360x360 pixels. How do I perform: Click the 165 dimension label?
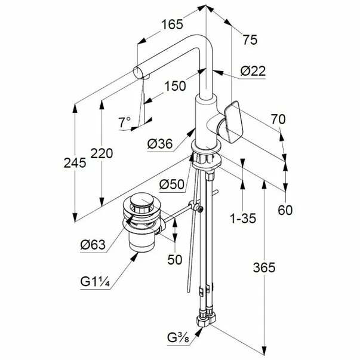click(172, 24)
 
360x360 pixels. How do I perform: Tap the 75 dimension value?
click(250, 40)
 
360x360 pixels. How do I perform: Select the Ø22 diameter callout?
click(253, 71)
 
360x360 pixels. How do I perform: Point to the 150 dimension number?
click(175, 86)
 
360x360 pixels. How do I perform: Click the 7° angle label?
click(125, 122)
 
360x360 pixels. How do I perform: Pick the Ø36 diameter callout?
click(160, 144)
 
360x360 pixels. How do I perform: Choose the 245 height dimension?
click(75, 163)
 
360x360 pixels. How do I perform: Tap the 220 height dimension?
click(101, 153)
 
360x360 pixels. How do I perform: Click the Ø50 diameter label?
click(172, 184)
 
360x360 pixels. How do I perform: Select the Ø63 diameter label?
click(93, 245)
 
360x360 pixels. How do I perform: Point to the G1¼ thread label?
click(95, 281)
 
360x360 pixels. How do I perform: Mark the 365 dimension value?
click(264, 267)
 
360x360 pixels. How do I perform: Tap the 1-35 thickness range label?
click(243, 219)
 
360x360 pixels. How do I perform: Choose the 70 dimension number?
click(278, 119)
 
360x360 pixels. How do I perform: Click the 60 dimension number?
click(285, 210)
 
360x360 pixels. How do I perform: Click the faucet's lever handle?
click(232, 121)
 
